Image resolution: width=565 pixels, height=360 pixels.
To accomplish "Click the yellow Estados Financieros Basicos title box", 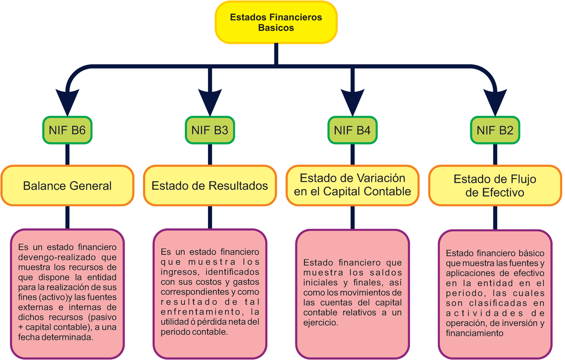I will point(276,22).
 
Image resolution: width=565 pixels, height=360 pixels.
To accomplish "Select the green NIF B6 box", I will point(67,130).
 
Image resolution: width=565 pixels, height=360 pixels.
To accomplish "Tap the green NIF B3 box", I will point(210,130).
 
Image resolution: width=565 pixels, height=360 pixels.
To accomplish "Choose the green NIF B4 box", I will point(352,130).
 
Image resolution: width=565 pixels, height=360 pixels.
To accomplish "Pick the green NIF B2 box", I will point(495,130).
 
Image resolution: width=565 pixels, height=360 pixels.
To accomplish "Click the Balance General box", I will point(67,185).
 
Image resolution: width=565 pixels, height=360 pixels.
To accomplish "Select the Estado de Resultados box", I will point(210,185).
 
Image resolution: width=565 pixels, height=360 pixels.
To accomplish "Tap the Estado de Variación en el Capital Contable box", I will point(352,185).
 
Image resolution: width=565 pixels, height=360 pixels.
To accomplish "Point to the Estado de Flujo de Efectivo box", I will point(495,185).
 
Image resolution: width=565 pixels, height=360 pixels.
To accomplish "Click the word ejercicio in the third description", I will point(320,324).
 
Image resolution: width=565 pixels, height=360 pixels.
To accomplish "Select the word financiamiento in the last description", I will point(475,333).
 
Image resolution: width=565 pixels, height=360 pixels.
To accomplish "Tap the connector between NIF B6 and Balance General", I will point(67,154).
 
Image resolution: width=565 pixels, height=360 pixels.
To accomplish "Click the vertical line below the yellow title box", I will point(276,54).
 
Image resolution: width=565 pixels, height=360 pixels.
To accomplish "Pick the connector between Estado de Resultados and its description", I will point(210,217).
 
